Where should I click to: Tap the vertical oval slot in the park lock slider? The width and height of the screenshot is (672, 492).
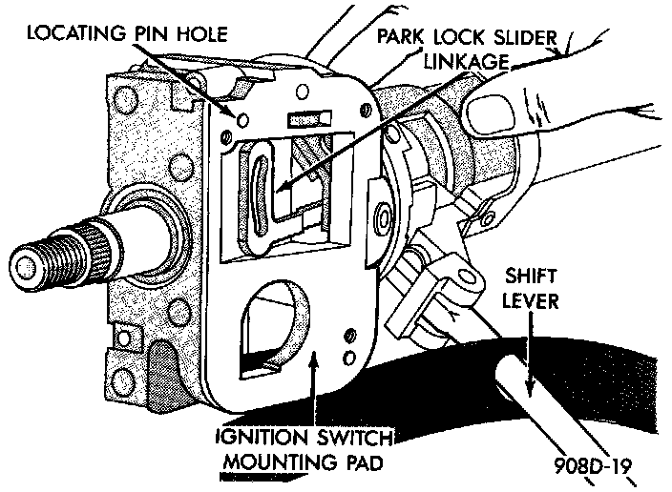(x=257, y=182)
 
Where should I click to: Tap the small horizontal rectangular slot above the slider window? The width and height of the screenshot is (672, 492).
(x=304, y=120)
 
